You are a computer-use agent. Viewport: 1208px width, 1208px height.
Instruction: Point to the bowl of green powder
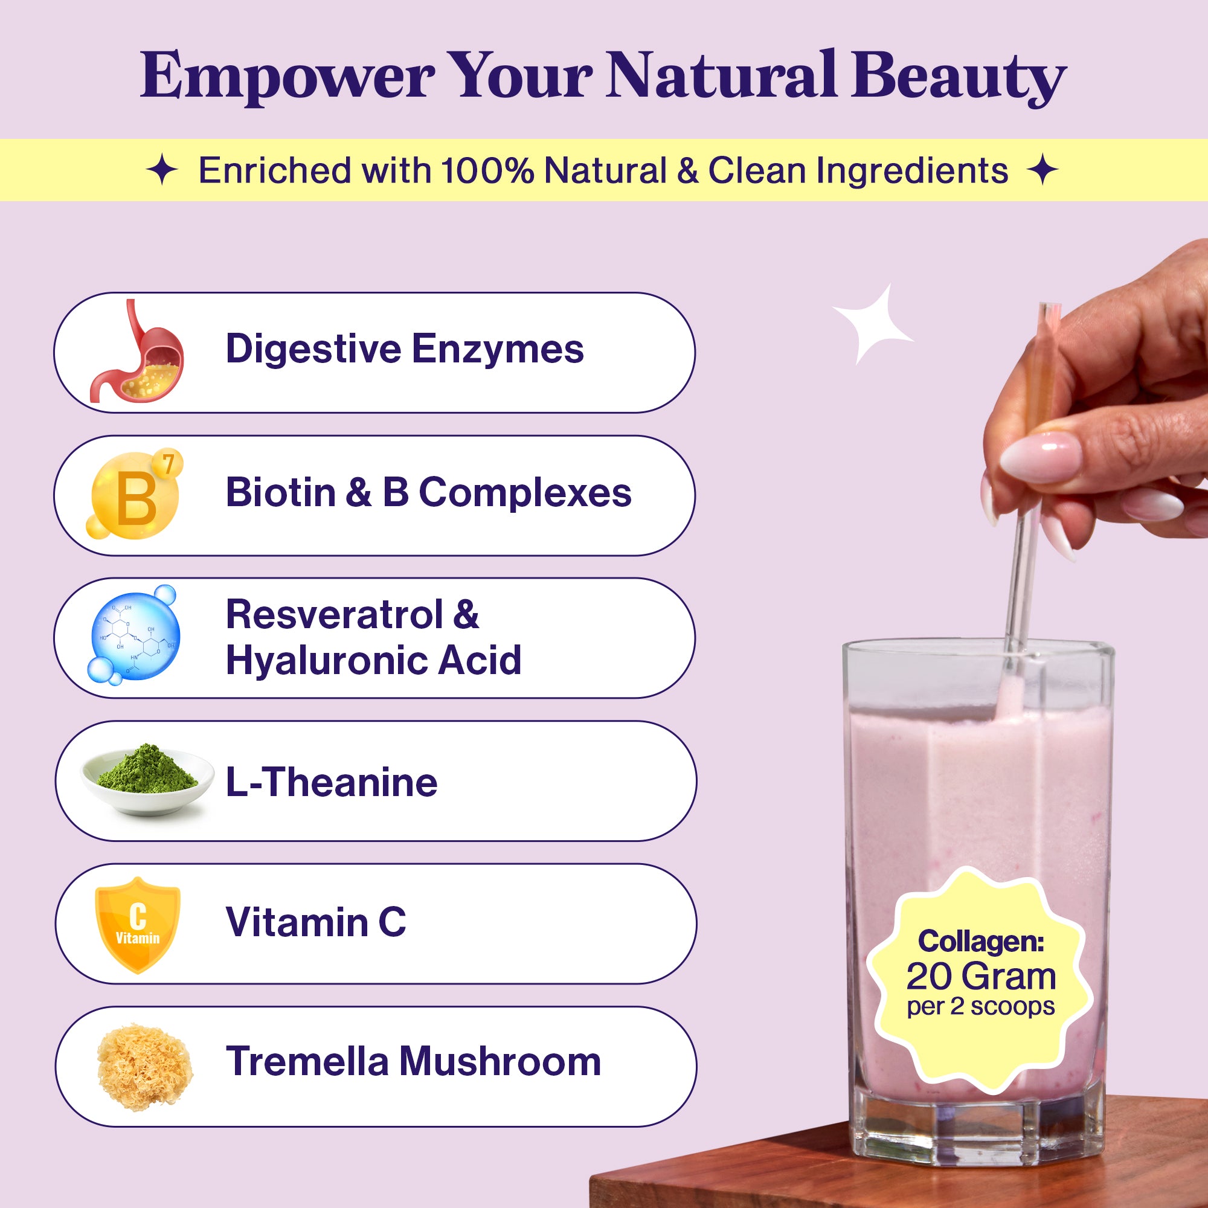pyautogui.click(x=147, y=779)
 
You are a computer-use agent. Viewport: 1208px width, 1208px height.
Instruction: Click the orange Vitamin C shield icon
pyautogui.click(x=138, y=925)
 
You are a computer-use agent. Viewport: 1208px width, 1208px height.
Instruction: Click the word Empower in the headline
pyautogui.click(x=288, y=78)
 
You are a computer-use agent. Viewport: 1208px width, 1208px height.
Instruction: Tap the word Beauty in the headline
pyautogui.click(x=958, y=78)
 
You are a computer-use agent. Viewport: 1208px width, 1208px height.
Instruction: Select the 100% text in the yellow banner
pyautogui.click(x=487, y=170)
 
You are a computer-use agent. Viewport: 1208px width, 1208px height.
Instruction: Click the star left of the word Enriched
pyautogui.click(x=162, y=171)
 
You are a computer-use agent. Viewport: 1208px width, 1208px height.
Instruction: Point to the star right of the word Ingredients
pyautogui.click(x=1043, y=170)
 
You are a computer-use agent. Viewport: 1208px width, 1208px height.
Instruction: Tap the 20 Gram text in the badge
pyautogui.click(x=981, y=976)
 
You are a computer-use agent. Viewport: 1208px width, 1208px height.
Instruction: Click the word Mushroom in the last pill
pyautogui.click(x=500, y=1061)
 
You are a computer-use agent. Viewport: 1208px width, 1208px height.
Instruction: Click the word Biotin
pyautogui.click(x=281, y=493)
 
